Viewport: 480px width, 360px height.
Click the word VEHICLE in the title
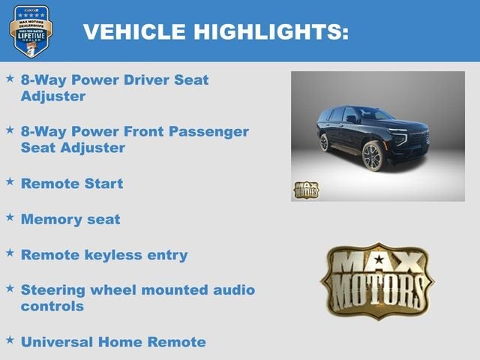[133, 31]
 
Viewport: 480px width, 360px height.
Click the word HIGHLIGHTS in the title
[268, 31]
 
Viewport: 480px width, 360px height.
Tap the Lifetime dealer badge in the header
[31, 31]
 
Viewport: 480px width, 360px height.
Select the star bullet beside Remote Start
[10, 181]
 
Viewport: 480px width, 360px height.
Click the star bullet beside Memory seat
[10, 217]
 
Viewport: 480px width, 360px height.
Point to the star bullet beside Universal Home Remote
[10, 340]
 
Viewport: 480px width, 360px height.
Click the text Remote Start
[72, 184]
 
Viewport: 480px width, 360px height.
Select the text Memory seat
[70, 220]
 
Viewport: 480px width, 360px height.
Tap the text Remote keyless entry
[104, 255]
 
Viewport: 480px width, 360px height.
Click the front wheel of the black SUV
[372, 156]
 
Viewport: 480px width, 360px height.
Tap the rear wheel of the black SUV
[324, 142]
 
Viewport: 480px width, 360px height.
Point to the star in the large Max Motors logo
[378, 260]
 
